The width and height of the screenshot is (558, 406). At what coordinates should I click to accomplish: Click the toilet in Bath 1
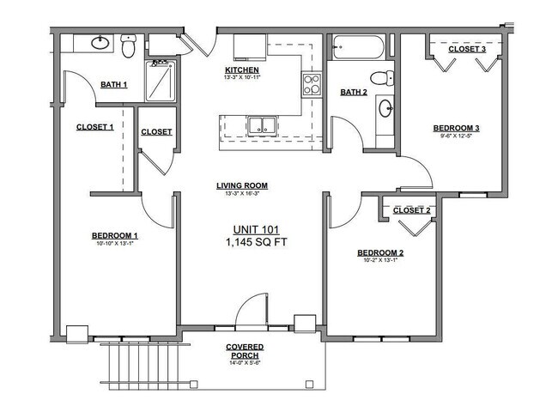click(x=128, y=47)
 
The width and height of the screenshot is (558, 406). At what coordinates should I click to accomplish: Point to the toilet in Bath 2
click(x=386, y=77)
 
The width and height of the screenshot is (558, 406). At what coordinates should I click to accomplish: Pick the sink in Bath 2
click(x=385, y=109)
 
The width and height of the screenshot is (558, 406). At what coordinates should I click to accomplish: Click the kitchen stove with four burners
click(x=310, y=85)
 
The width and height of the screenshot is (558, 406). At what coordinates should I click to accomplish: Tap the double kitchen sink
click(x=262, y=126)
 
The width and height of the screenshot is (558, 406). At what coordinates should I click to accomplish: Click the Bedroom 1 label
click(x=115, y=235)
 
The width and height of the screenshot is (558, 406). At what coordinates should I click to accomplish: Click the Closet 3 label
click(x=467, y=50)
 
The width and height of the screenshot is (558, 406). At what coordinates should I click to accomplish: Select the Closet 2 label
click(x=411, y=210)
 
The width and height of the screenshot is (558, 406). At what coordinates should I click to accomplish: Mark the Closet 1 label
click(x=95, y=127)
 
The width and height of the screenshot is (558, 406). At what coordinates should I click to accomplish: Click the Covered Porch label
click(x=245, y=350)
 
